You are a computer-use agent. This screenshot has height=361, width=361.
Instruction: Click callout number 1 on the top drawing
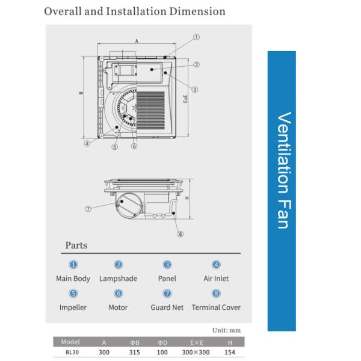tap(196, 37)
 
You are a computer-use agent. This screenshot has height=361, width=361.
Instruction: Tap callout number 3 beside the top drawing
tap(194, 90)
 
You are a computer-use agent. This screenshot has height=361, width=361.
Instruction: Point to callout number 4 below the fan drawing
tap(87, 143)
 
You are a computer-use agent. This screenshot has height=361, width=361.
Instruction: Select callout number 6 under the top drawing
tap(134, 146)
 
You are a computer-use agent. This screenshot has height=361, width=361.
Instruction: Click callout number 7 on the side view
tap(88, 209)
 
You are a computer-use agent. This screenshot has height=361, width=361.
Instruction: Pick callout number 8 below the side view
tap(180, 234)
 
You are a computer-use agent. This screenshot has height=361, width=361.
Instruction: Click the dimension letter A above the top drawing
tap(137, 41)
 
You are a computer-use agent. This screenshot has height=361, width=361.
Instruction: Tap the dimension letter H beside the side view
tap(187, 198)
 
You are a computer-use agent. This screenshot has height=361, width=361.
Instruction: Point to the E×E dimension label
tap(185, 99)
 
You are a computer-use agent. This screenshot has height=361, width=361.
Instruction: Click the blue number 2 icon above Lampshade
tap(119, 265)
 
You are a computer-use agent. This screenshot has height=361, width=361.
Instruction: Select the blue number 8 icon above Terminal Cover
tap(216, 294)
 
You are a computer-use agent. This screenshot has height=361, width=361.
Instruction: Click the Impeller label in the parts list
tap(73, 307)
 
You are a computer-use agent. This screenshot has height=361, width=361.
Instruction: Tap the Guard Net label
tap(167, 307)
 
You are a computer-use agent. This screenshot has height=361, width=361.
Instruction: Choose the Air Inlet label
tap(216, 279)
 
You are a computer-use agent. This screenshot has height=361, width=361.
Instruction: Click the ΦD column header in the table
tap(162, 343)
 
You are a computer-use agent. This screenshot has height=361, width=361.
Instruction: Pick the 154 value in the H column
tap(230, 352)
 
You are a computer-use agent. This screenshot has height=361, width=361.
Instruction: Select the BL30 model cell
tap(72, 352)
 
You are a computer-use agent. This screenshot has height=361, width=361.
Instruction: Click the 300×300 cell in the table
tap(196, 352)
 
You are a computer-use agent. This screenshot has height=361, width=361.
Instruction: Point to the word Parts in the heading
tap(76, 245)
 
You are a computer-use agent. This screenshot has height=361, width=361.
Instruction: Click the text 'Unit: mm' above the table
tap(227, 330)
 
